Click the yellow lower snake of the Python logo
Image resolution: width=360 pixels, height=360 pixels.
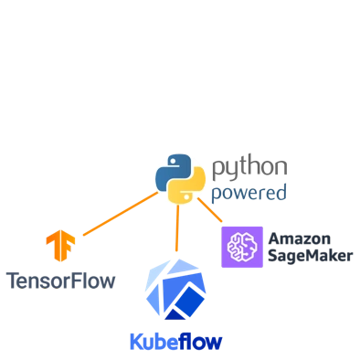click(x=186, y=188)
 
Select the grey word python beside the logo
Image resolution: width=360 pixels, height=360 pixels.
click(x=250, y=166)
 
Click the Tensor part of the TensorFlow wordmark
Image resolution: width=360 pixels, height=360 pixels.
click(x=42, y=281)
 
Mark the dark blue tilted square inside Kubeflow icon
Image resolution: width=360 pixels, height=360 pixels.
click(x=189, y=300)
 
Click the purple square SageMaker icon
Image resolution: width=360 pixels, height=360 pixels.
click(x=242, y=247)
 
